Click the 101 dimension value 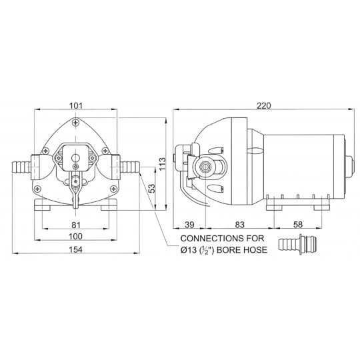click(75, 105)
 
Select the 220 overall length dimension click(264, 105)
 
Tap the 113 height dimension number click(162, 164)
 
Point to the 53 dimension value click(152, 189)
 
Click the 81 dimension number click(76, 225)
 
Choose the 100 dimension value click(76, 236)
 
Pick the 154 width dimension click(76, 249)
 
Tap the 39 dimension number click(189, 225)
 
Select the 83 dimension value click(240, 225)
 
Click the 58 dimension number click(298, 225)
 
